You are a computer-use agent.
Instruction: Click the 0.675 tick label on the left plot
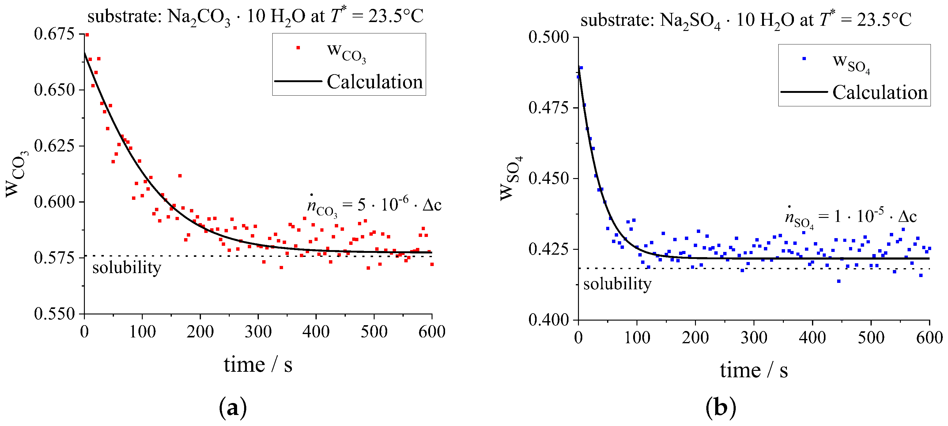(x=54, y=34)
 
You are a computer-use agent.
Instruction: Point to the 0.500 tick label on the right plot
(x=548, y=37)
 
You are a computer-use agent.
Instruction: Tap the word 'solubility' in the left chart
(x=127, y=267)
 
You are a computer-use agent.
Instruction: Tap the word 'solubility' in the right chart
(x=617, y=284)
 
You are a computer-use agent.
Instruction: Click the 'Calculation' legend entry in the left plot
(x=374, y=82)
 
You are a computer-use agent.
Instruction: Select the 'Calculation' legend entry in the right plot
(x=880, y=92)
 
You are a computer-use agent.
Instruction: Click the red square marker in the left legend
(x=298, y=48)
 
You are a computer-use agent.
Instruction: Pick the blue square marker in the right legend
(x=804, y=59)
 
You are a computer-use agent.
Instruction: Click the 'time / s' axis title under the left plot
(x=258, y=364)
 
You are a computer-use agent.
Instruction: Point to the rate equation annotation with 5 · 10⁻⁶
(x=374, y=205)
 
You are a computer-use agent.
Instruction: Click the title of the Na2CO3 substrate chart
(x=255, y=17)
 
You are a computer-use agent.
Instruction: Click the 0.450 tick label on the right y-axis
(x=548, y=178)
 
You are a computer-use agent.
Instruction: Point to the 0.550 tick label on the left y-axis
(x=54, y=314)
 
